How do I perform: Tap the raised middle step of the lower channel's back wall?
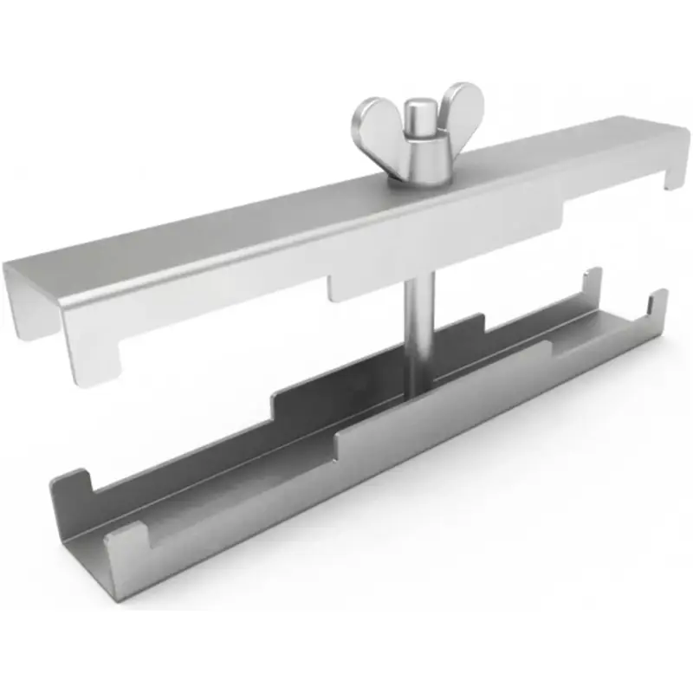[x=381, y=359]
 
